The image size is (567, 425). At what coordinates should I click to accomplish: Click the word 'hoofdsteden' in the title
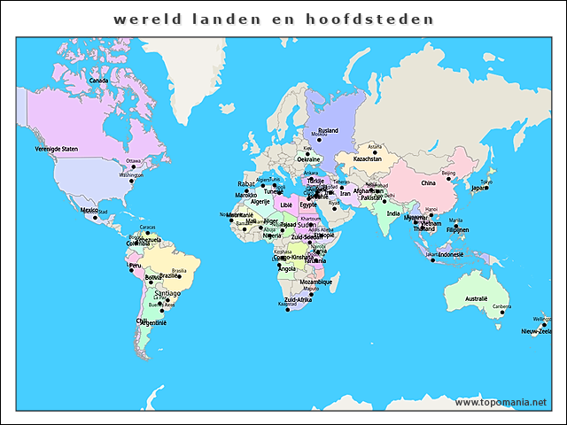coord(387,18)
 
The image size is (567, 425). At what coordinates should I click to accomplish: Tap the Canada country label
coord(98,81)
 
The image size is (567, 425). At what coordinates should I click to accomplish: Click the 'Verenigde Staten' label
coord(57,149)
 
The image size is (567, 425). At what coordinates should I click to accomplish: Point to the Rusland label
coord(328,130)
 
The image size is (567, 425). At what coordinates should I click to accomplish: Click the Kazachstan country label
coord(367,158)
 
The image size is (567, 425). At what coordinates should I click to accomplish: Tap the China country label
coord(428,183)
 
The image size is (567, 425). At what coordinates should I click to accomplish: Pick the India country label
coord(393,212)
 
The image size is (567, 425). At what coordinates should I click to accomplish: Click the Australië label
coord(477,298)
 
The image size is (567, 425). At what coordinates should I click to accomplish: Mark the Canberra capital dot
coord(501,313)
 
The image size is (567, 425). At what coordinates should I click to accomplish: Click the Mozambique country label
coord(315,282)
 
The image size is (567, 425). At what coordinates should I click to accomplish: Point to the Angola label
coord(287,268)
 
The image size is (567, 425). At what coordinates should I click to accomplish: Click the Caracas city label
coord(148,228)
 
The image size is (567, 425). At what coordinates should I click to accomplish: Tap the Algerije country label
coord(260,202)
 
